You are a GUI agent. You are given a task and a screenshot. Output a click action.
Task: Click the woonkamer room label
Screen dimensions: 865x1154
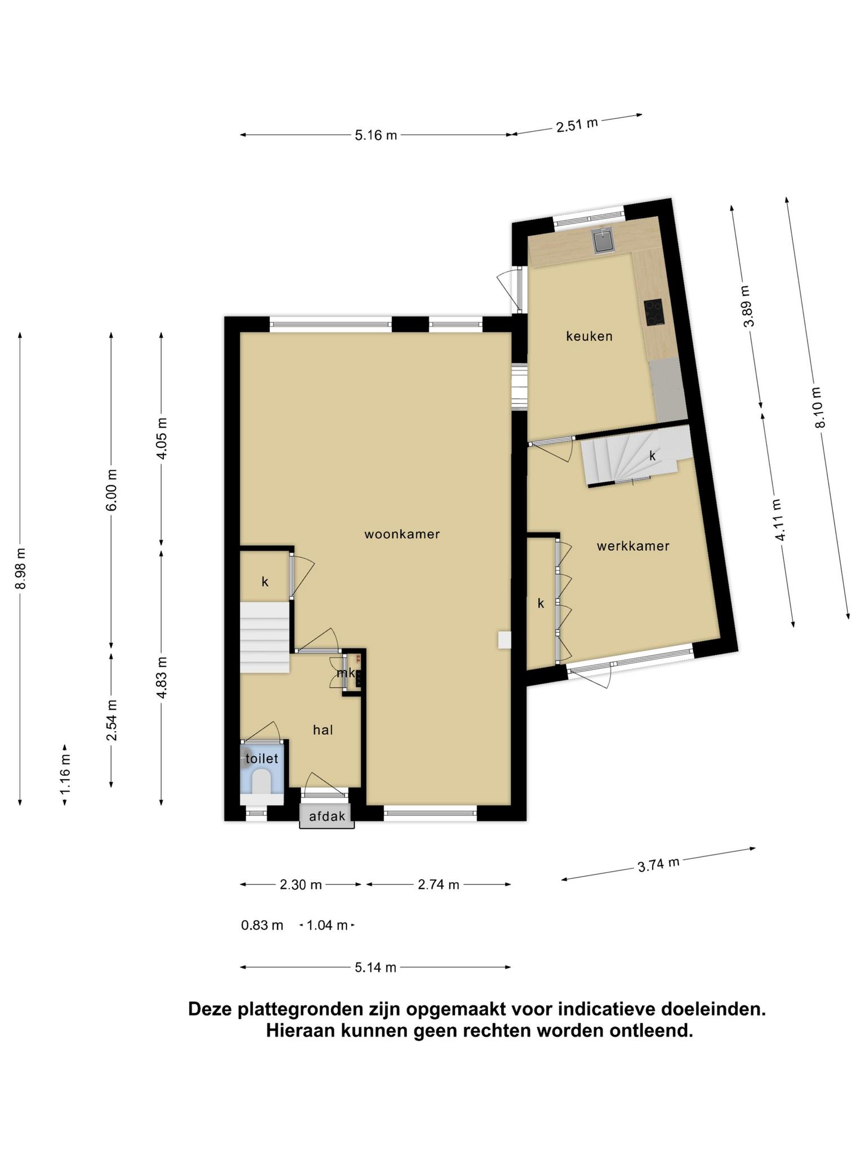point(402,534)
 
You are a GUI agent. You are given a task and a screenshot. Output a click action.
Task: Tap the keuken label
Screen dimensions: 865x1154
point(589,336)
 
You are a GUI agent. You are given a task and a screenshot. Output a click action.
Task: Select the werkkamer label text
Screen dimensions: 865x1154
point(633,545)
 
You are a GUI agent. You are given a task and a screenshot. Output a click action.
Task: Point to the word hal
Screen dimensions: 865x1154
point(323,730)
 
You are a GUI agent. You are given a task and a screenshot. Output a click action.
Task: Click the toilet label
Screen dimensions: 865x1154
point(262,758)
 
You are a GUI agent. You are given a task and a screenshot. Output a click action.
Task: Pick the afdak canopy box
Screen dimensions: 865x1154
point(327,815)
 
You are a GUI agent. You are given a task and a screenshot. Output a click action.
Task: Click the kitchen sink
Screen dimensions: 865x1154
point(604,241)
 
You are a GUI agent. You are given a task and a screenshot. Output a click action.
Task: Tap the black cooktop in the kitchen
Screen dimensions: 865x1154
point(654,312)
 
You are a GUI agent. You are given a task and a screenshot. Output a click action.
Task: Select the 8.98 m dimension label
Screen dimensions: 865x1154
point(20,569)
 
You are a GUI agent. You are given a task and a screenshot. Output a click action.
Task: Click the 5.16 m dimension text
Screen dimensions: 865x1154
point(376,135)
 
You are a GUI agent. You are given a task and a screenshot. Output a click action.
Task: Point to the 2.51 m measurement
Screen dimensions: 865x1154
point(577,125)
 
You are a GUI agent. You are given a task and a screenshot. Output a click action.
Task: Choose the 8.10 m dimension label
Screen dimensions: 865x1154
point(818,407)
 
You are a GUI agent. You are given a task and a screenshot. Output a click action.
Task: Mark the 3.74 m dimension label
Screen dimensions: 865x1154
point(658,864)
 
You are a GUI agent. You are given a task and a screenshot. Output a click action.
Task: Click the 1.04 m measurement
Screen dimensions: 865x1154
point(327,925)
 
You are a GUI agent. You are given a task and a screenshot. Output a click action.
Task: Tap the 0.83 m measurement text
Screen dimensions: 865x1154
point(262,925)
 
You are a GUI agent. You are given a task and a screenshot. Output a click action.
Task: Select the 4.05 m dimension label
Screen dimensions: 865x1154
point(162,438)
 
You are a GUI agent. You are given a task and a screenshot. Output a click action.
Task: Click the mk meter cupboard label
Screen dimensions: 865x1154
point(346,673)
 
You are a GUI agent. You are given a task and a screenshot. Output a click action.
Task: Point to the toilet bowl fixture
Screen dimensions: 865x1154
point(261,782)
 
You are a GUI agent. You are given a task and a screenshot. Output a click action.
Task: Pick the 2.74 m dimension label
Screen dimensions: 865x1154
point(438,885)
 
